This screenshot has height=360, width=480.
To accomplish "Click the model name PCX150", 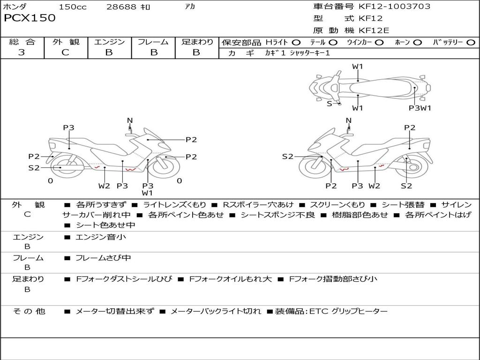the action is [x=30, y=18].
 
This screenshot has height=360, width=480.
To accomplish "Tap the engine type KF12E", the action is [x=374, y=30].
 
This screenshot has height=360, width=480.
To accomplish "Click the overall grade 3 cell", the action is [x=22, y=52].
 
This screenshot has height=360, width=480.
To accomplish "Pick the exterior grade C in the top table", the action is [x=65, y=52].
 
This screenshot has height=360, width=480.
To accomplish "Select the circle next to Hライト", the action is [x=296, y=43].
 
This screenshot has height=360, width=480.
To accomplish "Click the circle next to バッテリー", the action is [x=471, y=43].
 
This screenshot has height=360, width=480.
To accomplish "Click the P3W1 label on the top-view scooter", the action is [x=420, y=108].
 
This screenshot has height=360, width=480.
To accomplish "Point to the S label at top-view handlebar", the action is [x=330, y=104].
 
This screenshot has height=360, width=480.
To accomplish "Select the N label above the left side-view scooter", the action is [x=130, y=120].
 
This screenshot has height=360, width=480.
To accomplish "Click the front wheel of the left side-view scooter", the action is [x=166, y=167].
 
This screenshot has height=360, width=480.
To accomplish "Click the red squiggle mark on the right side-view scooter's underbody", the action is [x=345, y=169].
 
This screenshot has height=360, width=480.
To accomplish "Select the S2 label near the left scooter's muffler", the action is [x=34, y=168].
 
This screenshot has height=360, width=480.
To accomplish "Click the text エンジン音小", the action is [x=101, y=237].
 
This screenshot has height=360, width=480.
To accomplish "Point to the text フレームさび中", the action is [x=103, y=258].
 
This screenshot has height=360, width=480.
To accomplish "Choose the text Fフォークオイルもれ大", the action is [x=231, y=279].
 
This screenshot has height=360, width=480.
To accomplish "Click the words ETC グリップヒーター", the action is [x=348, y=311].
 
